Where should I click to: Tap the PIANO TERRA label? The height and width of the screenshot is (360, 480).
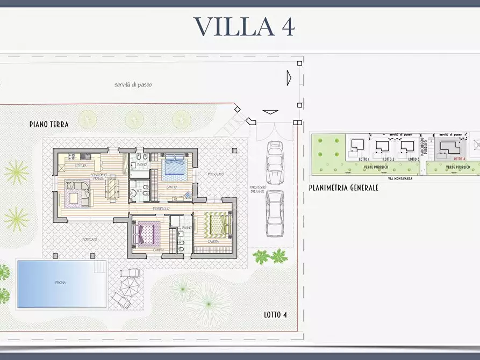(49, 124)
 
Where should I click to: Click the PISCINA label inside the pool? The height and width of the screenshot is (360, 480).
(60, 283)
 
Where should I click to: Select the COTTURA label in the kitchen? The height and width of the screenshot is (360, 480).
(81, 165)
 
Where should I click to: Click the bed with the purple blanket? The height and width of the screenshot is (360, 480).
(146, 233)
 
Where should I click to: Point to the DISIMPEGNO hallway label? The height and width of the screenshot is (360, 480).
(161, 208)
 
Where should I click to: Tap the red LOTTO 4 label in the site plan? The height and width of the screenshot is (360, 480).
(459, 159)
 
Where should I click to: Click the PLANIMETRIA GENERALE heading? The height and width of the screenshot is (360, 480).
(343, 188)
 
